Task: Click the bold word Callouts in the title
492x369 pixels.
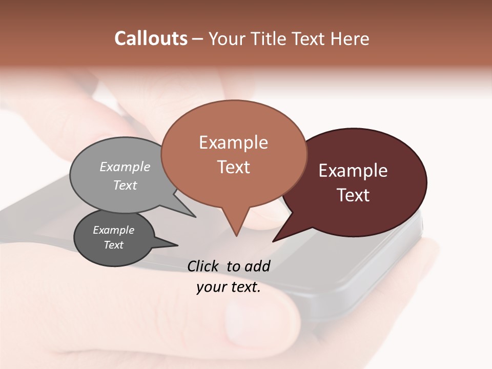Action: coord(151,38)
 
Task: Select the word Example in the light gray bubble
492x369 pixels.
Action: coord(125,167)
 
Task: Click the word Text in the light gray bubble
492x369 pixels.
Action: coord(125,185)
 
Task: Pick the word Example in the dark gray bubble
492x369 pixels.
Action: coord(113,230)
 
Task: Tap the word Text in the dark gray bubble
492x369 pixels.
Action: coord(113,245)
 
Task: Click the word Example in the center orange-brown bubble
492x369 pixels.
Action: coord(233,142)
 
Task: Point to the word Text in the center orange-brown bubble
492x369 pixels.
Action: coord(233,167)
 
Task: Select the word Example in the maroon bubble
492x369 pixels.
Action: coord(353,171)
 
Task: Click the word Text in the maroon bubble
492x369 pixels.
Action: coord(353,195)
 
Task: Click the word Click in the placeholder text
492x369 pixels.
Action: coord(204,266)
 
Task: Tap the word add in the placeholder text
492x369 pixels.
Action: coord(257,266)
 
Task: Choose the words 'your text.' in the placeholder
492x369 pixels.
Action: coord(228,287)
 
